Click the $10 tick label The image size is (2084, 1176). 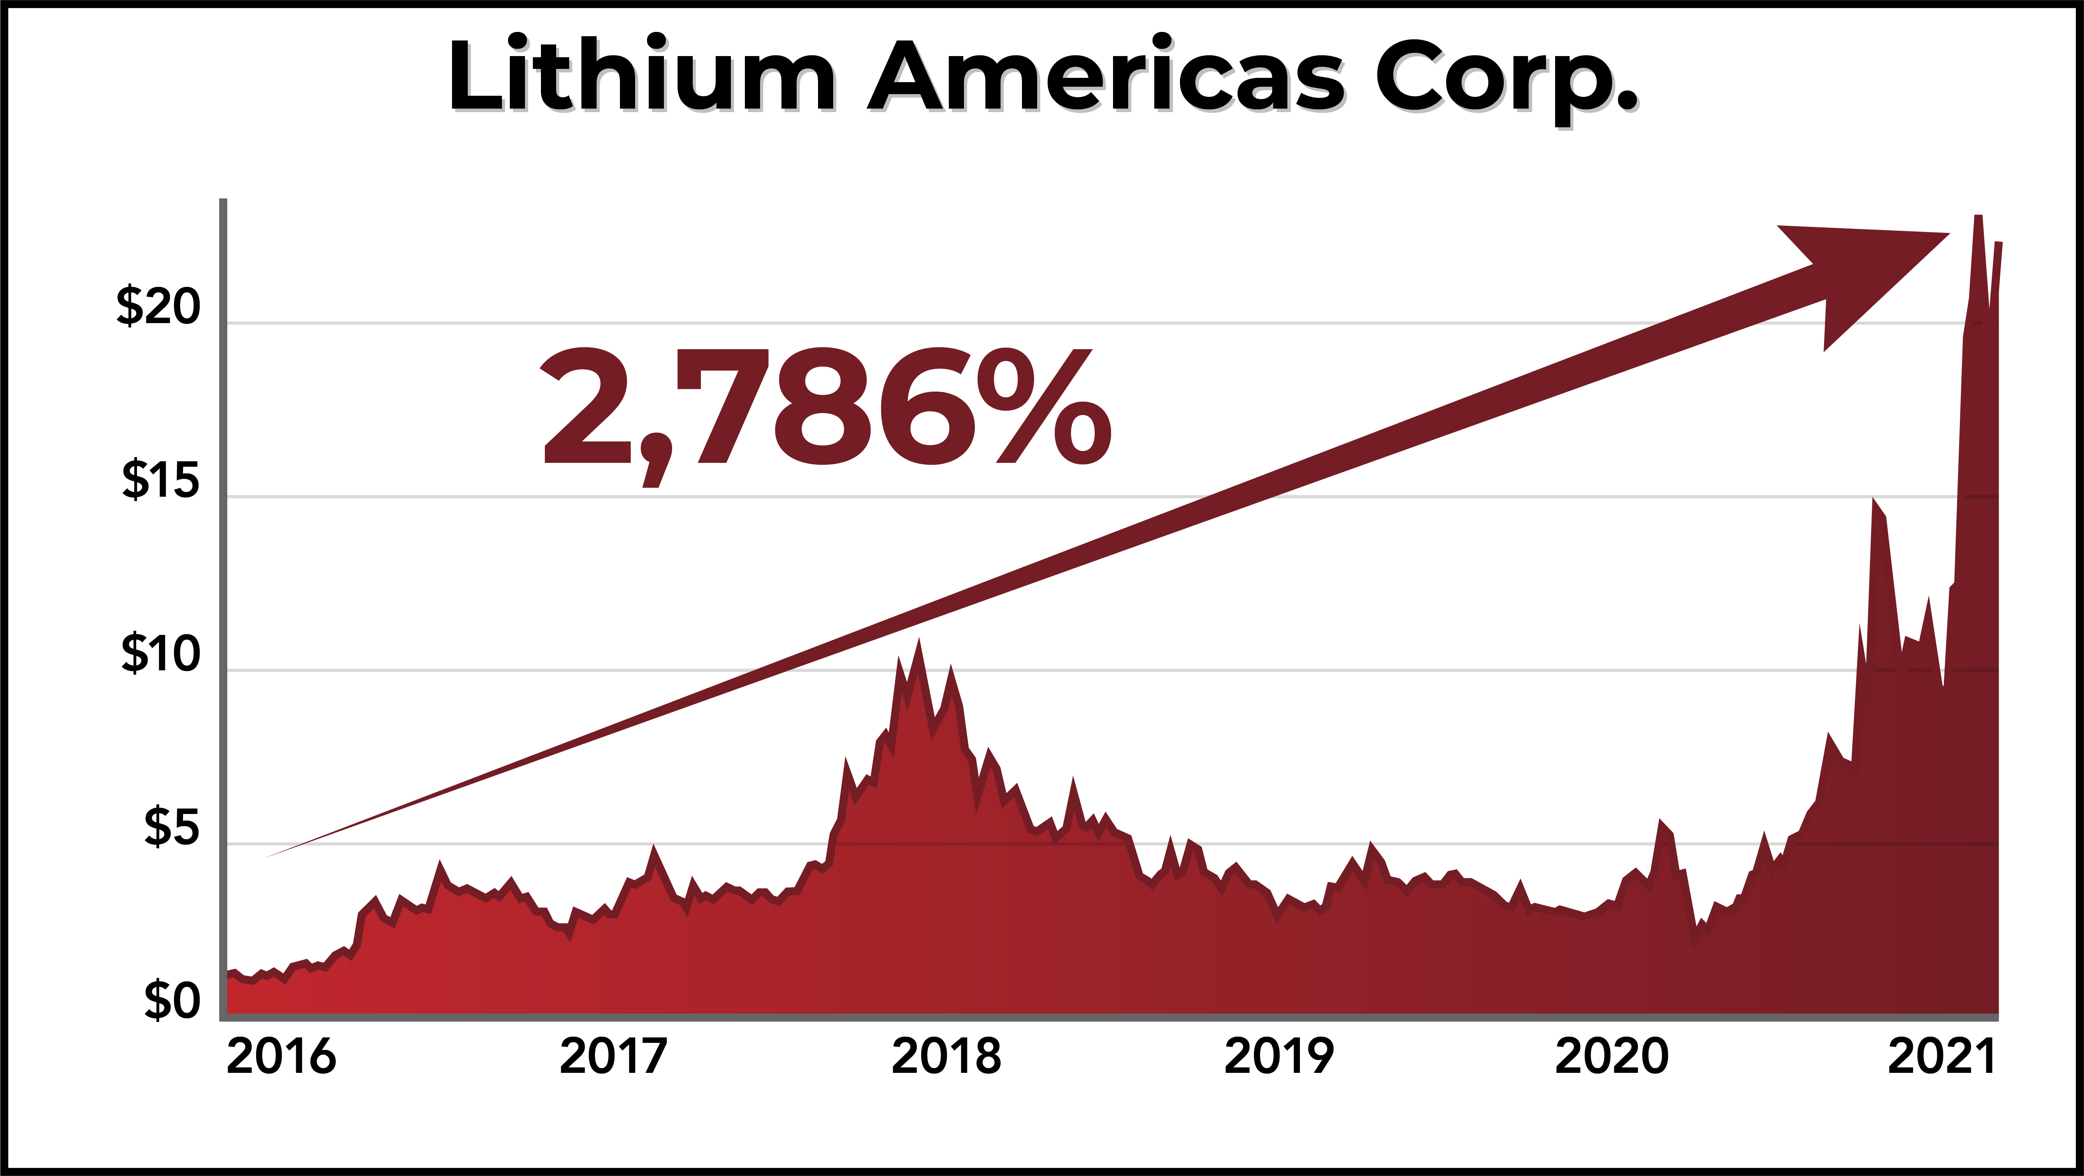pyautogui.click(x=160, y=654)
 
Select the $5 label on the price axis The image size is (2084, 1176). pyautogui.click(x=172, y=827)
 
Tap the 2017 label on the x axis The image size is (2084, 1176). pyautogui.click(x=613, y=1056)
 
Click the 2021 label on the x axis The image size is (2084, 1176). pyautogui.click(x=1942, y=1056)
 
